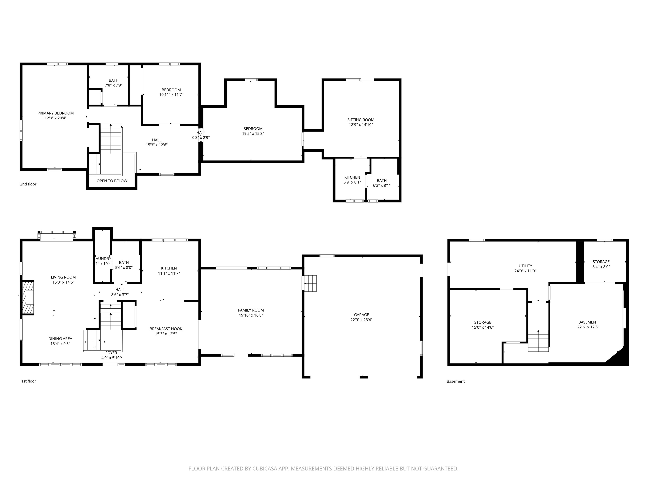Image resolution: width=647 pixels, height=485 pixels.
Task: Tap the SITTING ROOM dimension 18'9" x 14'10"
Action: tap(360, 125)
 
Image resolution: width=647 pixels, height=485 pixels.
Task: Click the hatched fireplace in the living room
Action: tap(28, 298)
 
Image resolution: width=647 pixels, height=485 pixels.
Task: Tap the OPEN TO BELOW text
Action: tap(112, 181)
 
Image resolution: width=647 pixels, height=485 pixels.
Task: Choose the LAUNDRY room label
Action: tap(103, 259)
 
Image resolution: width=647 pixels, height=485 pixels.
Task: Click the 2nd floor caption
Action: tap(28, 184)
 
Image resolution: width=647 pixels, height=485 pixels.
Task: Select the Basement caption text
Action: tap(455, 381)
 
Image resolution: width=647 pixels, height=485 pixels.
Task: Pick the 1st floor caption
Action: tap(28, 381)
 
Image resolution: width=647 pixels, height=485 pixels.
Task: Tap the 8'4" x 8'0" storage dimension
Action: tap(601, 267)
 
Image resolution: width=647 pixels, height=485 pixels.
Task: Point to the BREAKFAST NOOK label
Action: tap(166, 329)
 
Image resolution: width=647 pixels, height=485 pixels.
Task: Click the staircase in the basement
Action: tap(538, 341)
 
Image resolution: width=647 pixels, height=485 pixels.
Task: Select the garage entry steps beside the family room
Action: tap(310, 283)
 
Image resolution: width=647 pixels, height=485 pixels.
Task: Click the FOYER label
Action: tap(111, 353)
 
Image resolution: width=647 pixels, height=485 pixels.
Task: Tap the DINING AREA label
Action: tap(60, 338)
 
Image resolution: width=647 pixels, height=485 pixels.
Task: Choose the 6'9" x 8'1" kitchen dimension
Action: tap(352, 182)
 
